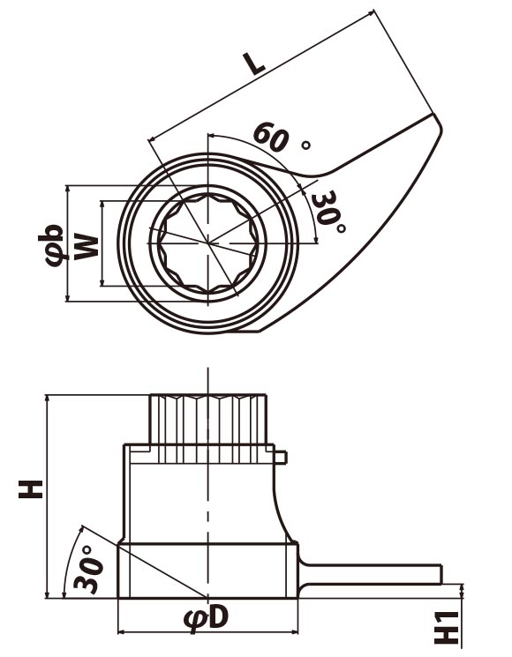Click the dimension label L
(255, 62)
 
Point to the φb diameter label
(52, 245)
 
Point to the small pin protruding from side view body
(281, 457)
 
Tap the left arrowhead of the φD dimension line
(122, 631)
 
